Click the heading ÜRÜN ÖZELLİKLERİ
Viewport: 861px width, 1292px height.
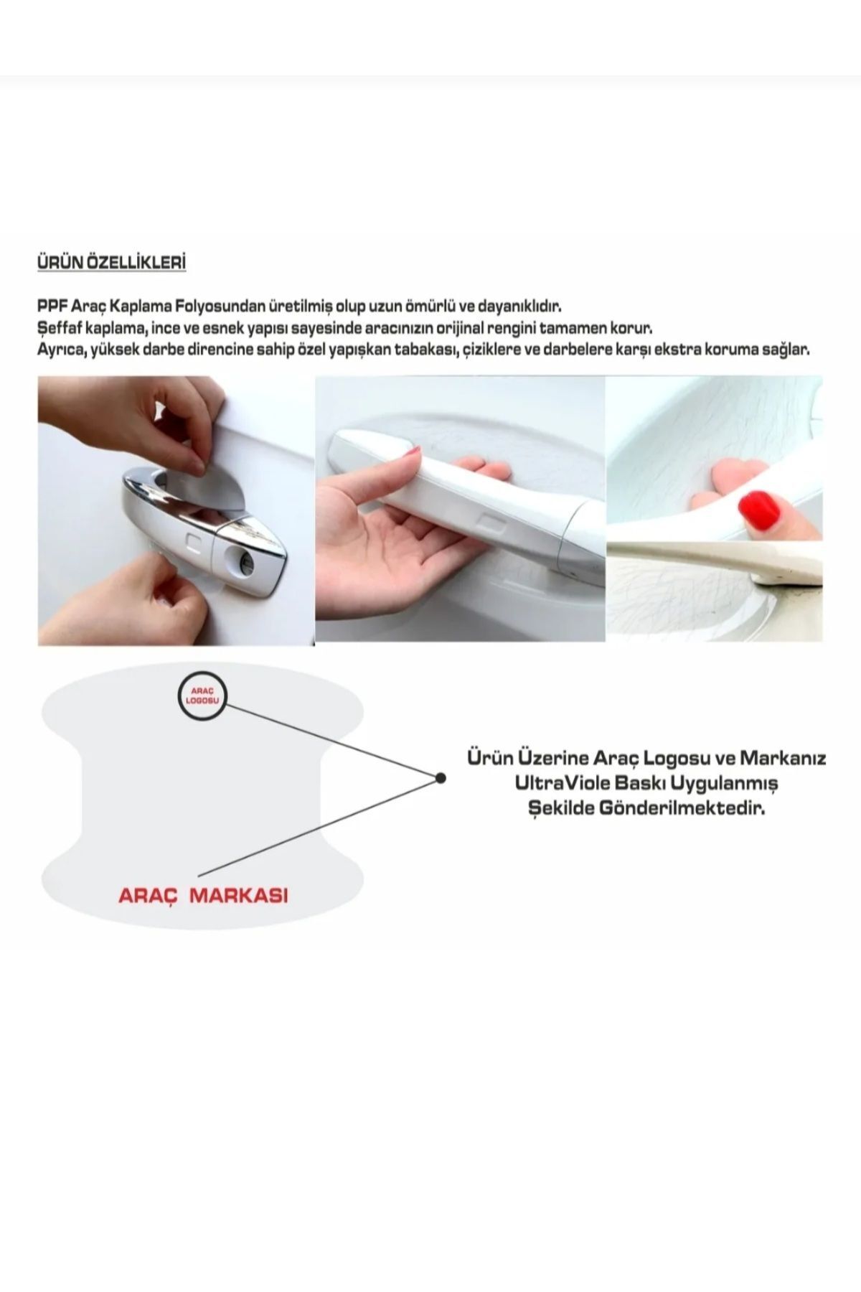111,263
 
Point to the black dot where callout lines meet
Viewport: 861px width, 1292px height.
441,777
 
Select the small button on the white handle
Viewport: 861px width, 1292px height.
489,520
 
